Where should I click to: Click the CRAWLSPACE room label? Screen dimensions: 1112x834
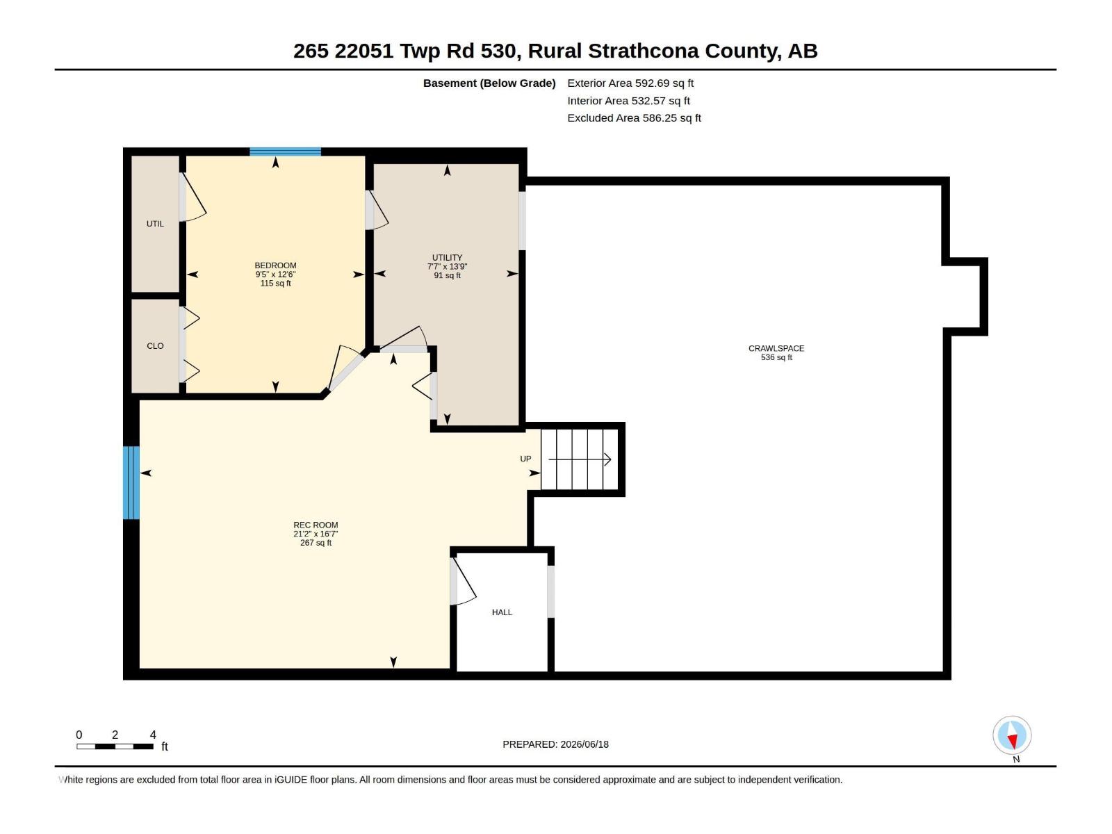point(776,348)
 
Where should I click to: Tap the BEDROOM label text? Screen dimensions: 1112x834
point(276,265)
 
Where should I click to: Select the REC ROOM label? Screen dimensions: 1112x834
point(316,525)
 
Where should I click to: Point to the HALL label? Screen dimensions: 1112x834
point(502,612)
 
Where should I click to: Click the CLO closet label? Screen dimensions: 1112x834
point(155,346)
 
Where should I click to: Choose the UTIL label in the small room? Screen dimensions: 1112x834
point(155,224)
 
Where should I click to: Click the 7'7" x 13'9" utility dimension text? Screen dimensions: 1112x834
point(447,266)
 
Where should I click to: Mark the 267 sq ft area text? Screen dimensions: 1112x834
point(316,543)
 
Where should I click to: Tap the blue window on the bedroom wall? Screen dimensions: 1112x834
point(285,152)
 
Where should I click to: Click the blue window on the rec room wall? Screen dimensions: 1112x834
point(131,482)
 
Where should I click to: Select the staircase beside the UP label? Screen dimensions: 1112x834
point(580,459)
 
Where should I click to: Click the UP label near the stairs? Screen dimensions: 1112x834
point(525,459)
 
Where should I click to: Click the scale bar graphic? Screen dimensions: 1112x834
point(115,746)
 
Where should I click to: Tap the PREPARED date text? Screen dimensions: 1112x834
point(556,744)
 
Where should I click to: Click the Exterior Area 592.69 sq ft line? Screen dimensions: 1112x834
point(630,83)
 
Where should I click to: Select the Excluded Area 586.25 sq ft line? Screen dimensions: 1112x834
point(634,118)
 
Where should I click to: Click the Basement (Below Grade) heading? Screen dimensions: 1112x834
point(489,83)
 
